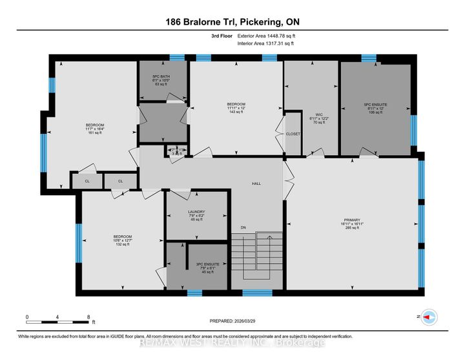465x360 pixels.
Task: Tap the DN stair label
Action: (243, 228)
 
